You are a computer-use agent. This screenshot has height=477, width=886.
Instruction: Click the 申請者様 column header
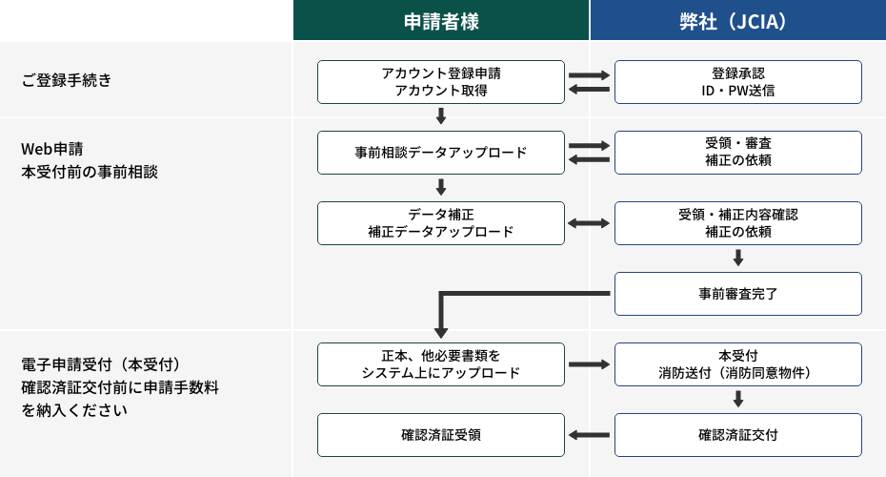(x=441, y=21)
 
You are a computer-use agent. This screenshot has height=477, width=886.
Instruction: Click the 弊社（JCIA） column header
(x=737, y=21)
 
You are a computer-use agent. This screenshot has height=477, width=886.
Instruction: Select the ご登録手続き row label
(x=67, y=80)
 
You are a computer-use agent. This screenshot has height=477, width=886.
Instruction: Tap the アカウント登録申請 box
(x=441, y=82)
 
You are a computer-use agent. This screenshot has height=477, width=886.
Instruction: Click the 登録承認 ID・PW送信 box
(x=737, y=82)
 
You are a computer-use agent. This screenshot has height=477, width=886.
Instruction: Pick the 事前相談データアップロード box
(x=441, y=153)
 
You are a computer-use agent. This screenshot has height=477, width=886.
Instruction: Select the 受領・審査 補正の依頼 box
(x=737, y=153)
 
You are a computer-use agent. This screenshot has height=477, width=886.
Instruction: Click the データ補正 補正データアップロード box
(x=441, y=223)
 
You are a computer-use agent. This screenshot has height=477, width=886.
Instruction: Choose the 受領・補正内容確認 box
(x=737, y=223)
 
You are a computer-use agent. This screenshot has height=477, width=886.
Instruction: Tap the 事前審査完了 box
(x=737, y=294)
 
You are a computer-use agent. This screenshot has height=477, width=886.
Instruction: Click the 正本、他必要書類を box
(x=441, y=364)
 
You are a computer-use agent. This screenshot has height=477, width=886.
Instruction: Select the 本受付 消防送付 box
(x=737, y=364)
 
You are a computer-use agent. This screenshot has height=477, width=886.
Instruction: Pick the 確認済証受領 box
(x=441, y=435)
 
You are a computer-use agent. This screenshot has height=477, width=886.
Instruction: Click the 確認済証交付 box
(x=737, y=435)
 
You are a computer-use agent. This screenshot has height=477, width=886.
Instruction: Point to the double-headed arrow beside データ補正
(x=589, y=223)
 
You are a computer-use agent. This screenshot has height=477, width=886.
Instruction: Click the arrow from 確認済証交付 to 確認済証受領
(x=589, y=435)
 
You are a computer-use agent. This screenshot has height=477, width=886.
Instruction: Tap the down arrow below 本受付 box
(x=737, y=399)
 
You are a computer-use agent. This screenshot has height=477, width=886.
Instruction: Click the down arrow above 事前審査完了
(x=737, y=258)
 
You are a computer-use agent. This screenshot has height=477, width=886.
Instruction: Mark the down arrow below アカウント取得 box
(x=441, y=116)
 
